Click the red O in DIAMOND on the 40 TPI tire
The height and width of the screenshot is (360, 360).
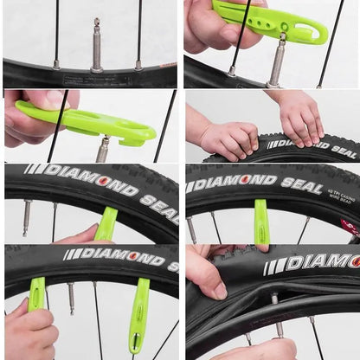245,180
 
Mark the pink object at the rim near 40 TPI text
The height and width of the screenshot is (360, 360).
350,228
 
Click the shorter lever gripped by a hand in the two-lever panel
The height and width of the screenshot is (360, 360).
37,293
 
